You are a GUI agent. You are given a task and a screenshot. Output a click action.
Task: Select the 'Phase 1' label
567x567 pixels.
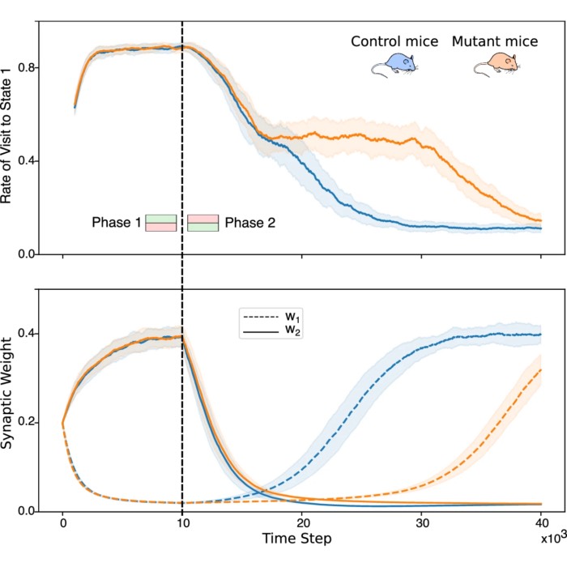tap(116, 223)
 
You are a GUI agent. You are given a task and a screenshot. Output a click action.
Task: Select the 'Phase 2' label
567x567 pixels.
tap(249, 223)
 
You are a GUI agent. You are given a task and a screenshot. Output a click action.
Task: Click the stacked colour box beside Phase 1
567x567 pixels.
tap(161, 223)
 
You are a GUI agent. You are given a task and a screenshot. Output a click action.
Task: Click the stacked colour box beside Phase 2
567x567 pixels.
tap(203, 223)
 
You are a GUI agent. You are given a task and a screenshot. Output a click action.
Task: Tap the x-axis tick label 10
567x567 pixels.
tap(182, 523)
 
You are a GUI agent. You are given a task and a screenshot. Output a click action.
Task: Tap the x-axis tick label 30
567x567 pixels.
tap(421, 523)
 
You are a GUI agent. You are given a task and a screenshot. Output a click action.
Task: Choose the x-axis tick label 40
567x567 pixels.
tap(540, 523)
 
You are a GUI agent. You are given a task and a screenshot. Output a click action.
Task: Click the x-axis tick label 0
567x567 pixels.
tap(63, 523)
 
